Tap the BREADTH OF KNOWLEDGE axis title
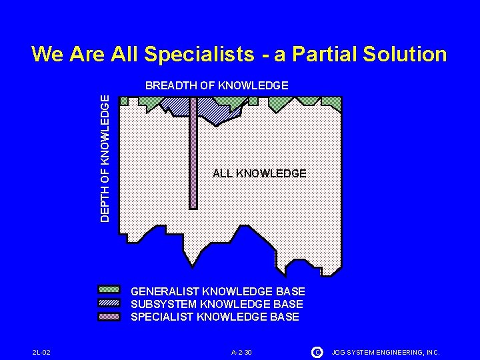point(217,85)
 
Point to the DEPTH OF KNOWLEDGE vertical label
point(105,157)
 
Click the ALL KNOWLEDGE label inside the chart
point(259,173)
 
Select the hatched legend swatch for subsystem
point(109,303)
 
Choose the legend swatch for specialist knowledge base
point(109,316)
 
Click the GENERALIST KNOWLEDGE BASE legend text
point(218,291)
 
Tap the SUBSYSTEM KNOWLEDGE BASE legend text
point(217,304)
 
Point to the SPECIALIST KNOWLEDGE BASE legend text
point(215,317)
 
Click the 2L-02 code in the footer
point(41,352)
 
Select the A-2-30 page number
point(241,352)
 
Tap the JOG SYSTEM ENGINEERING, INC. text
point(385,352)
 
